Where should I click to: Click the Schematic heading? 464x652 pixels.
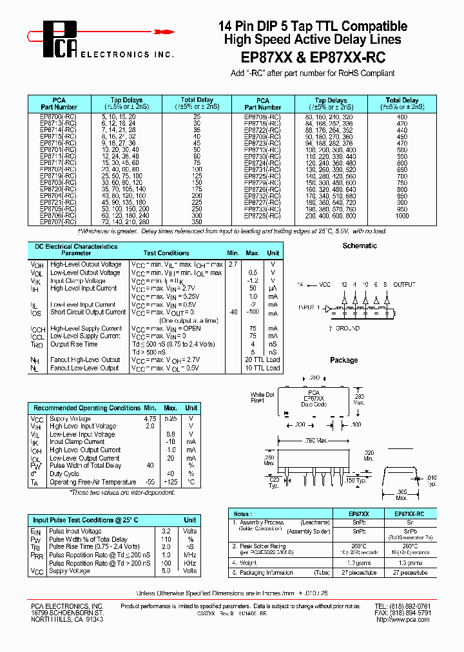(x=360, y=245)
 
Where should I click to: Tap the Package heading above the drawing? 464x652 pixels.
(x=343, y=360)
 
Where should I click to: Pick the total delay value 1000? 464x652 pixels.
(x=402, y=216)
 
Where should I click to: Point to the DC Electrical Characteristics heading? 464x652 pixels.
(x=76, y=246)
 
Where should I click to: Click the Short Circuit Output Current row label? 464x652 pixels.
(x=88, y=312)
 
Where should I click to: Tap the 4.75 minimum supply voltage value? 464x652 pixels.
(x=150, y=419)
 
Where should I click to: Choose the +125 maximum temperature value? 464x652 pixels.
(x=170, y=482)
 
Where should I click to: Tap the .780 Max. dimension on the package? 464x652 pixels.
(x=318, y=441)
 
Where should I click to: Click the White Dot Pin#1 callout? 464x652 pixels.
(x=262, y=398)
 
